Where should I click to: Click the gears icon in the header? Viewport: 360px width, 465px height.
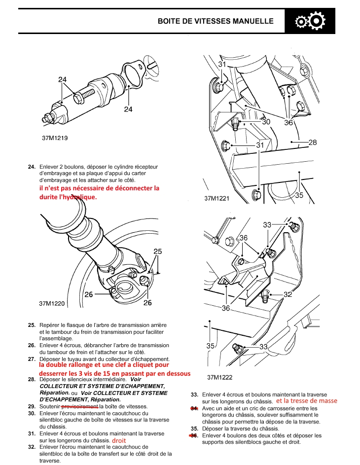pos(309,22)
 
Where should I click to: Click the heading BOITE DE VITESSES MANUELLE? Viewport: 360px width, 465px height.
pos(216,22)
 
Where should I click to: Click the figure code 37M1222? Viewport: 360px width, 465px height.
pos(220,377)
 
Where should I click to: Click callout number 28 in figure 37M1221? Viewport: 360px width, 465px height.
pos(312,143)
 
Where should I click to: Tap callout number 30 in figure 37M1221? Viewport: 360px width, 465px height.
pos(266,122)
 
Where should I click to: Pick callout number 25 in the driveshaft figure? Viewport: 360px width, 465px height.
pos(157,251)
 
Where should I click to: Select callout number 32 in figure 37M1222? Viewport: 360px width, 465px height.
pos(288,294)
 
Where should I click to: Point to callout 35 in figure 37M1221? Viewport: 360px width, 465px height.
pos(299,195)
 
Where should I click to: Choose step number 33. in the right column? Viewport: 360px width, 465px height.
pos(194,394)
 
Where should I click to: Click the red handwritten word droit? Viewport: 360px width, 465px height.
pos(119,440)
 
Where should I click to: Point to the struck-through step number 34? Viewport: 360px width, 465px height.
pos(194,408)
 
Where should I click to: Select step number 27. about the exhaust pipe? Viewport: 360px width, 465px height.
pos(32,359)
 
